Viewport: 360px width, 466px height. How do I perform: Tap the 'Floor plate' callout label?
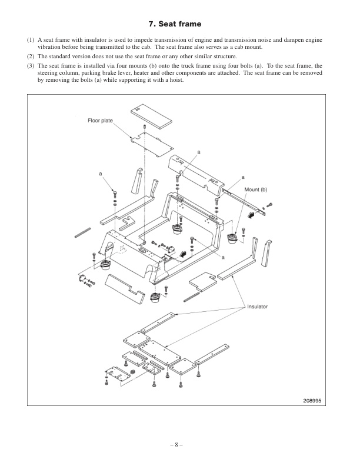pyautogui.click(x=100, y=121)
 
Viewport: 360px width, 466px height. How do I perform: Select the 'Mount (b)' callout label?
pyautogui.click(x=256, y=189)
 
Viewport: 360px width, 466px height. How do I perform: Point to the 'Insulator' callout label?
pyautogui.click(x=257, y=307)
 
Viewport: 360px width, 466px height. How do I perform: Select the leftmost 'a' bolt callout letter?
pyautogui.click(x=101, y=174)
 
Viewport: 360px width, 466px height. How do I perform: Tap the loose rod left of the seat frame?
pyautogui.click(x=82, y=231)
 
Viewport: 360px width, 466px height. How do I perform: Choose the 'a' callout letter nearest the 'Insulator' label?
pyautogui.click(x=224, y=257)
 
